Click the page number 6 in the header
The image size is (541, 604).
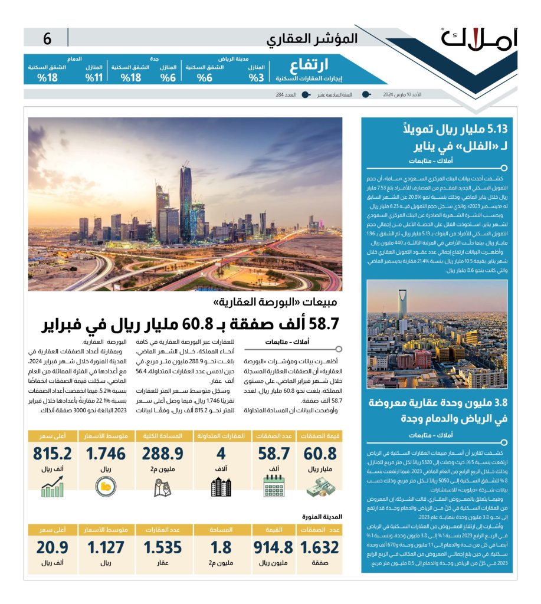coord(47,39)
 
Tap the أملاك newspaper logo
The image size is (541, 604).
coord(478,39)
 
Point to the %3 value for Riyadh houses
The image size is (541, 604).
coord(255,77)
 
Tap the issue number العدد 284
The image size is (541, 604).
coord(286,94)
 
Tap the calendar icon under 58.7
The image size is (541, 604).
coord(274,486)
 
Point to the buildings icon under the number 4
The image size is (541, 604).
coord(221,486)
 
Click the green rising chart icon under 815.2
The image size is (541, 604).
coord(53,486)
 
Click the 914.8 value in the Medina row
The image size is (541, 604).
coord(273,547)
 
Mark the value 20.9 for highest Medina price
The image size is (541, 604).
coord(53,547)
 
